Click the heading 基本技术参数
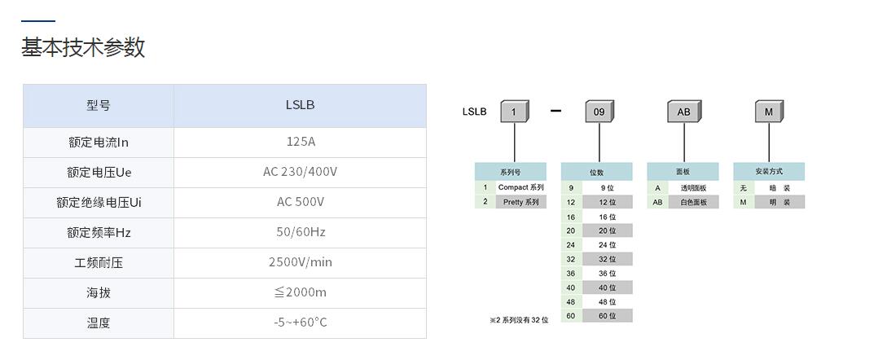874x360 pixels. pos(83,47)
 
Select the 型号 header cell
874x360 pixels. pos(98,105)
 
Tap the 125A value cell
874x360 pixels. pos(300,142)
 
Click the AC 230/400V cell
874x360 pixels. pos(300,172)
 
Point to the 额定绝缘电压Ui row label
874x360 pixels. pos(98,202)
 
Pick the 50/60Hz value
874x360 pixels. pos(300,232)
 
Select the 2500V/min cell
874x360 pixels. pos(300,262)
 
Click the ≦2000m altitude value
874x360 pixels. pos(300,292)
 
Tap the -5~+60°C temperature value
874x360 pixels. pos(300,323)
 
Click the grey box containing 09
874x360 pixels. pos(599,112)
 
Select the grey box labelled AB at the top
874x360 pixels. pos(683,112)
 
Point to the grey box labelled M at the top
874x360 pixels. pos(768,112)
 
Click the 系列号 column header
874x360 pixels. pos(510,172)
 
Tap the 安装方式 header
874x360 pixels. pos(768,172)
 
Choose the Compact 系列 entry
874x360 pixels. pos(520,187)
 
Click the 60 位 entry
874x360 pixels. pos(607,315)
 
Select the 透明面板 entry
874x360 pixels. pos(693,187)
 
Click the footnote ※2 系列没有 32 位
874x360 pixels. pos(519,320)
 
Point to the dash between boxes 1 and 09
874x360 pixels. pos(556,111)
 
